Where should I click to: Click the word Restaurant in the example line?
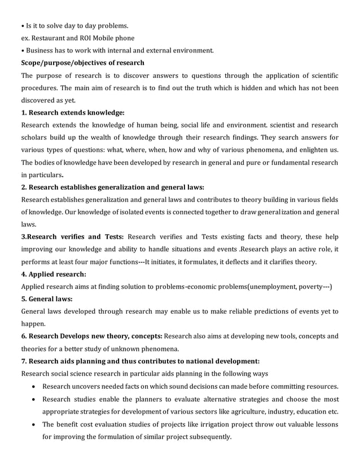[x=51, y=38]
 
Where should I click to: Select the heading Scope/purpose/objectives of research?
[x=82, y=63]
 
